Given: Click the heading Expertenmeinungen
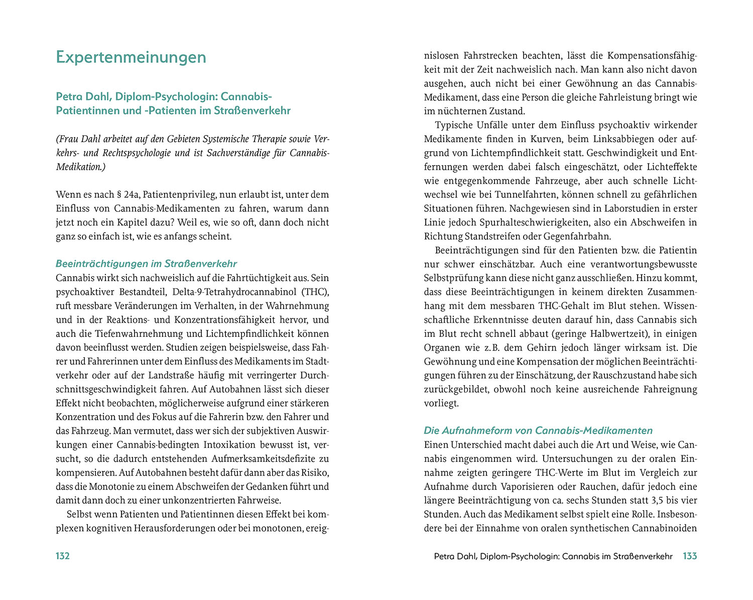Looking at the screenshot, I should pyautogui.click(x=131, y=57).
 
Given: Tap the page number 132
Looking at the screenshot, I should pyautogui.click(x=63, y=556).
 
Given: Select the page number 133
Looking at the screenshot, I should pyautogui.click(x=690, y=556).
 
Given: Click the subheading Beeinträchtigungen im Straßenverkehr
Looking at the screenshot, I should pyautogui.click(x=146, y=264).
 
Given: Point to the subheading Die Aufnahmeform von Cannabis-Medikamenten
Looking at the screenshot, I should pyautogui.click(x=538, y=430).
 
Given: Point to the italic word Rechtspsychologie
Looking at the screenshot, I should pyautogui.click(x=136, y=153).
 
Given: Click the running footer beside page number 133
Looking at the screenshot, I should pyautogui.click(x=553, y=556).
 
